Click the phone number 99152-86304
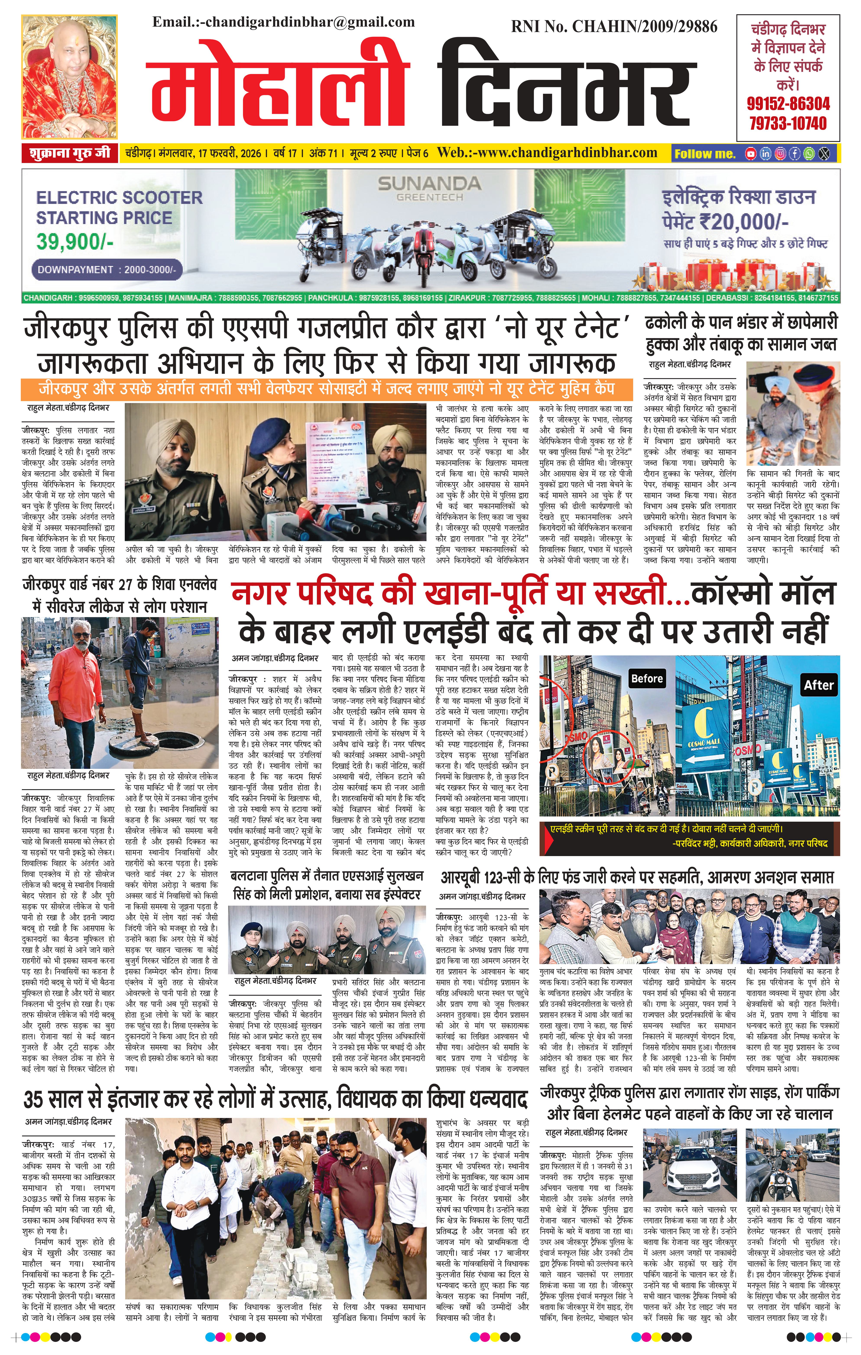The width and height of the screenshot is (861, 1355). pyautogui.click(x=788, y=103)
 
